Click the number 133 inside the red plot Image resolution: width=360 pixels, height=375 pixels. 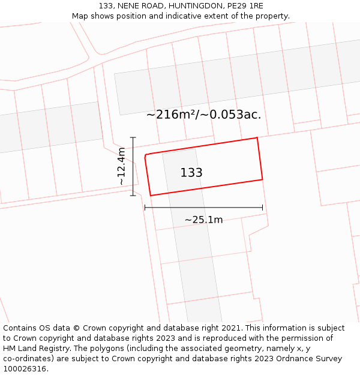pos(191,173)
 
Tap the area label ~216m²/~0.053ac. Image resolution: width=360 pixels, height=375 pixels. pos(203,115)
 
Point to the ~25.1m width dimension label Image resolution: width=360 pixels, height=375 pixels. pos(203,220)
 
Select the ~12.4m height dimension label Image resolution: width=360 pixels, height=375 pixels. pos(121,166)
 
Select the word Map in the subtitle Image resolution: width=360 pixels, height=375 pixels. pos(80,16)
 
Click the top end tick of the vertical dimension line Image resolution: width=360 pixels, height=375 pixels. pos(133,138)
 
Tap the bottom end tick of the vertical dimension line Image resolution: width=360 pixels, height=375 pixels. pos(133,195)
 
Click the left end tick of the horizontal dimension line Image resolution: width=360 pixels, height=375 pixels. pos(145,208)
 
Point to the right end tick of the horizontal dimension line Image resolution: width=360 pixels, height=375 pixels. pos(263,208)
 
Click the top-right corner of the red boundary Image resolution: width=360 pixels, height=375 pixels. pos(257,138)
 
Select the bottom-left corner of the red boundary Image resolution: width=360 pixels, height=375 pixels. pos(150,196)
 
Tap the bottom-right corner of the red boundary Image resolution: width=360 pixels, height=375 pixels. pos(263,179)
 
